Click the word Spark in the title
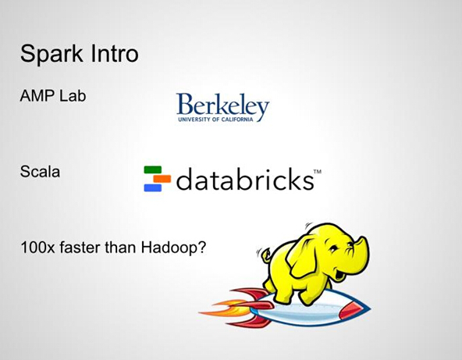pyautogui.click(x=52, y=54)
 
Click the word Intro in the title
pyautogui.click(x=115, y=53)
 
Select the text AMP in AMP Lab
pyautogui.click(x=37, y=96)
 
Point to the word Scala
pyautogui.click(x=40, y=171)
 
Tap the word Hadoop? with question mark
pyautogui.click(x=173, y=248)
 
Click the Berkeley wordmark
pyautogui.click(x=222, y=105)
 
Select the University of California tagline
pyautogui.click(x=215, y=119)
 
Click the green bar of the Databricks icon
pyautogui.click(x=153, y=169)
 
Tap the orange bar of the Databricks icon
pyautogui.click(x=162, y=179)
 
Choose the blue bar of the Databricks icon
pyautogui.click(x=153, y=188)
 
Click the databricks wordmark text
pyautogui.click(x=245, y=179)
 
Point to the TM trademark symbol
pyautogui.click(x=318, y=171)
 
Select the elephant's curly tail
pyautogui.click(x=264, y=254)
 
